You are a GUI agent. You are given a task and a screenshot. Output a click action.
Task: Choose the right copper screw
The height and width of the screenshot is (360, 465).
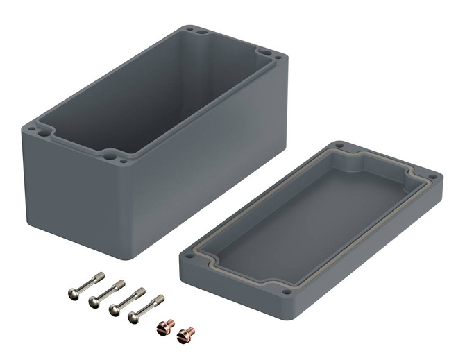[x=185, y=334]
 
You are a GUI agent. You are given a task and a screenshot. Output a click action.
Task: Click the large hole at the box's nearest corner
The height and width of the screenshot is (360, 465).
[x=108, y=153]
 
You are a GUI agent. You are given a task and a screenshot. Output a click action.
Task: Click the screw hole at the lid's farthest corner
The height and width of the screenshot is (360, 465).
[x=339, y=146]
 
